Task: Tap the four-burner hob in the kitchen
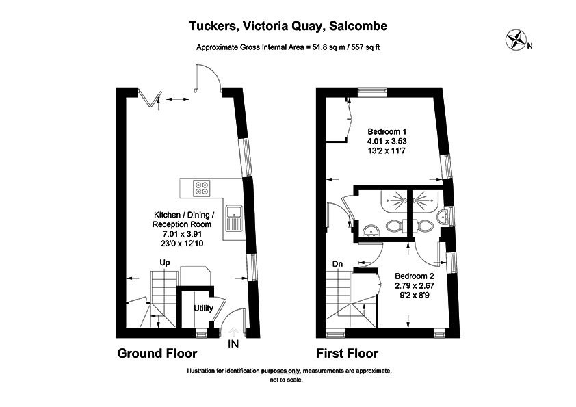202,185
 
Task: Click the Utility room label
204,308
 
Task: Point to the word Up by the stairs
165,263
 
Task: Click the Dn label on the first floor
337,263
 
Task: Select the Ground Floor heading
157,354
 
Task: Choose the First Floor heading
347,354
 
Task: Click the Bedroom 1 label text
387,132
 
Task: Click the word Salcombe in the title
358,27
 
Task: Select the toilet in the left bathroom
395,226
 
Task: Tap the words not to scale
287,378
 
